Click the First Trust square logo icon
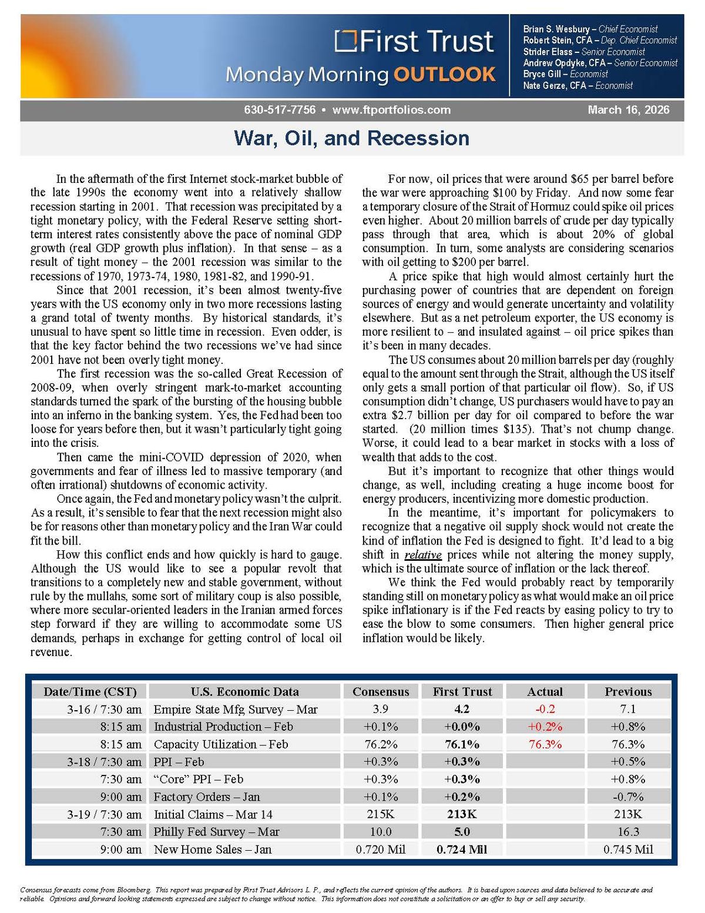point(346,41)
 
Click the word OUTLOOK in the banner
point(444,75)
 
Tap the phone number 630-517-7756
point(280,110)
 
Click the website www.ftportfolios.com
point(391,110)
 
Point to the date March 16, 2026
point(628,110)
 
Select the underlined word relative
point(422,554)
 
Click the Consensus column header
point(381,691)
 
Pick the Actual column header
point(545,691)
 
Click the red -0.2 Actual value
point(545,709)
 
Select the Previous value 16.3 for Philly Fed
point(628,832)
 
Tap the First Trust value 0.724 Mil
point(462,850)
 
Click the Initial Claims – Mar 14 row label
point(213,814)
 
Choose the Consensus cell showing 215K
point(381,814)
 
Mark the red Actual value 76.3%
point(545,744)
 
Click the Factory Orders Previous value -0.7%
point(628,797)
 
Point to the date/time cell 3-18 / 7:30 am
point(104,762)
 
